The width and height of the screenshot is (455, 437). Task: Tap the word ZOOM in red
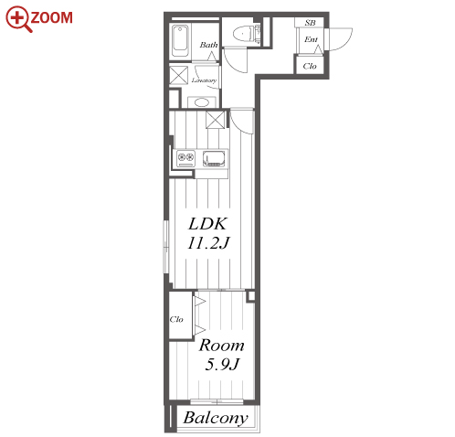coord(52,17)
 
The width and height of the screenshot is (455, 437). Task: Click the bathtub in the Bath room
coord(180,41)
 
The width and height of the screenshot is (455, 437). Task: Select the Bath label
coord(209,45)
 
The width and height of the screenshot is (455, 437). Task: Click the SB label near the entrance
coord(310,23)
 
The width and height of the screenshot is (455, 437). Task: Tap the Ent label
coord(311,39)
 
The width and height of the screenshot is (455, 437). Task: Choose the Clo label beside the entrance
coord(310,66)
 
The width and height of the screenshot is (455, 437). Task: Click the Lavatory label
coord(204,80)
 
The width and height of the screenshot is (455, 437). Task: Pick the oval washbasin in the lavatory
coord(201,102)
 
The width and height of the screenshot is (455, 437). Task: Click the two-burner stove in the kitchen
coord(185,158)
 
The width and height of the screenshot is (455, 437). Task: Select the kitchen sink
coord(214,158)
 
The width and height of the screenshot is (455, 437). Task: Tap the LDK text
coord(207,224)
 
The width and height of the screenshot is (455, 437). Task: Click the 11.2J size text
coord(208,243)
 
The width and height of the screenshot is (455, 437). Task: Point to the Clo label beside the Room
coord(176,319)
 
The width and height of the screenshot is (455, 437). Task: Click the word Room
coord(222,346)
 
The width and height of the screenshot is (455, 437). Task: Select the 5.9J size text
coord(222,364)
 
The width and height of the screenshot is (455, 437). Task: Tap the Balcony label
coord(216,418)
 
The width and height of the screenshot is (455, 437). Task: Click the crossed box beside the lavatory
coord(179,75)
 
